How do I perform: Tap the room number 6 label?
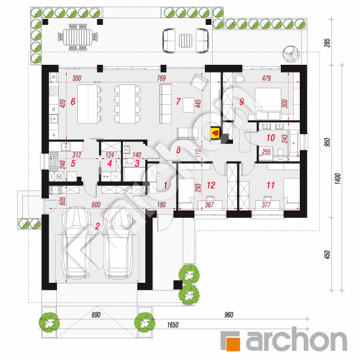[73, 101]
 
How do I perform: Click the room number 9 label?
[241, 101]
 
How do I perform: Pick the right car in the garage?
[120, 241]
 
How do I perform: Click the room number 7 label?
[177, 101]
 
